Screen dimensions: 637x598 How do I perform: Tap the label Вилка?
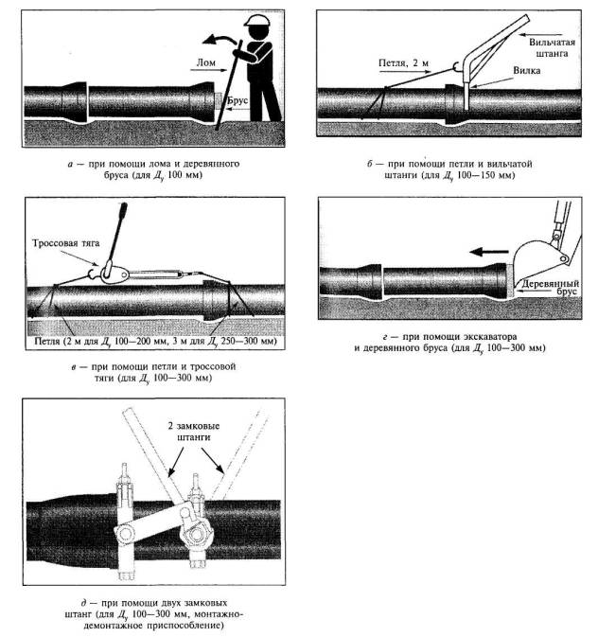point(526,70)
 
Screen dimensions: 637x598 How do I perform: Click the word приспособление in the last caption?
point(170,626)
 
